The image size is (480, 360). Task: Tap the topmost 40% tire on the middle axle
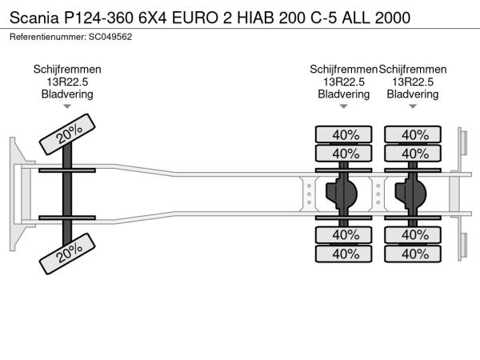click(x=345, y=134)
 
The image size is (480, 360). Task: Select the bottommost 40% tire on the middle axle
click(x=345, y=254)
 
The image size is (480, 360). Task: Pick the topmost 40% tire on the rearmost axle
click(x=414, y=134)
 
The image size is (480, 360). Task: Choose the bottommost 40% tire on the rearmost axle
click(x=414, y=254)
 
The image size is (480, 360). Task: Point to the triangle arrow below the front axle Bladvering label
click(x=67, y=106)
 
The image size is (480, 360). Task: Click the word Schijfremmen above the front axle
click(x=67, y=70)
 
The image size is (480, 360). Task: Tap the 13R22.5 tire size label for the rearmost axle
click(x=413, y=82)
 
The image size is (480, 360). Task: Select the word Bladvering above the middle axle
click(x=344, y=94)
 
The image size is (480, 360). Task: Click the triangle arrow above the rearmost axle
click(x=413, y=106)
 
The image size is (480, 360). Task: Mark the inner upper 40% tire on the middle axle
click(x=345, y=153)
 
